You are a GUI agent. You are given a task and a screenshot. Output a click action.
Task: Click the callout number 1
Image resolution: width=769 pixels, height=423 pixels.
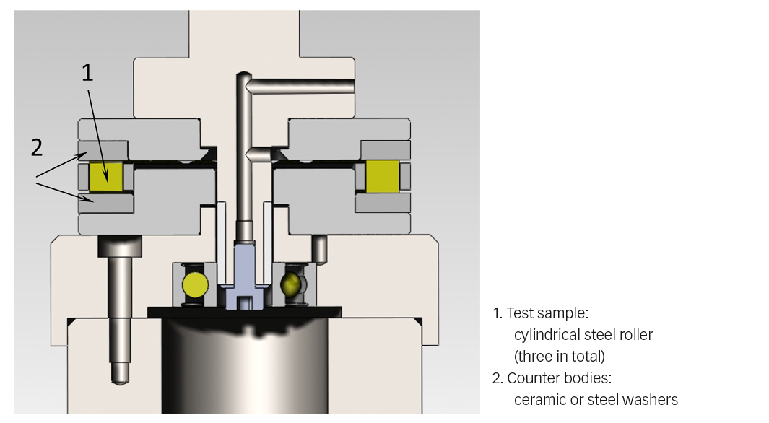87,74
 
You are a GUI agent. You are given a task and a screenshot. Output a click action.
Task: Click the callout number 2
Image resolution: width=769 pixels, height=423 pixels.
37,147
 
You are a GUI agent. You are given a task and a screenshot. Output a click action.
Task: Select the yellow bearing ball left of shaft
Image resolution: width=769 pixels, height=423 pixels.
195,285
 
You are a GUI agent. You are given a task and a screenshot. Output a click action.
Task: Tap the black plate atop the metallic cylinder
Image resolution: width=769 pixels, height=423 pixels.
244,312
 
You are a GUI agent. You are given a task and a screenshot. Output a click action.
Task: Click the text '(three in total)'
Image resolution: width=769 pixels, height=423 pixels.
559,357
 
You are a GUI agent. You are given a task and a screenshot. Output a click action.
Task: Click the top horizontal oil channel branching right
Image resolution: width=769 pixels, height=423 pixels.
303,85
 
